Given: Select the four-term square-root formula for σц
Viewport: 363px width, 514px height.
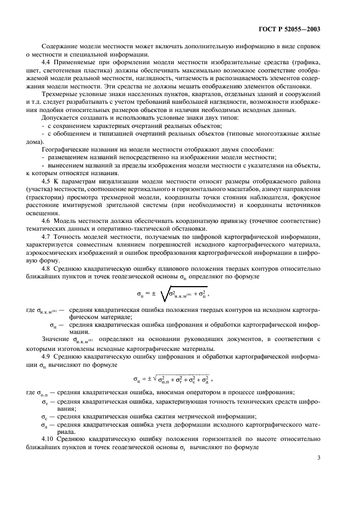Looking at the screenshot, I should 172,379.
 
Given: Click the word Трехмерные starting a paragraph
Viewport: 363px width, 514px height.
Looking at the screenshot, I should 59,95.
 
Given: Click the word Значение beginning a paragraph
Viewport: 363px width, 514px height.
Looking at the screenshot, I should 55,340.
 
